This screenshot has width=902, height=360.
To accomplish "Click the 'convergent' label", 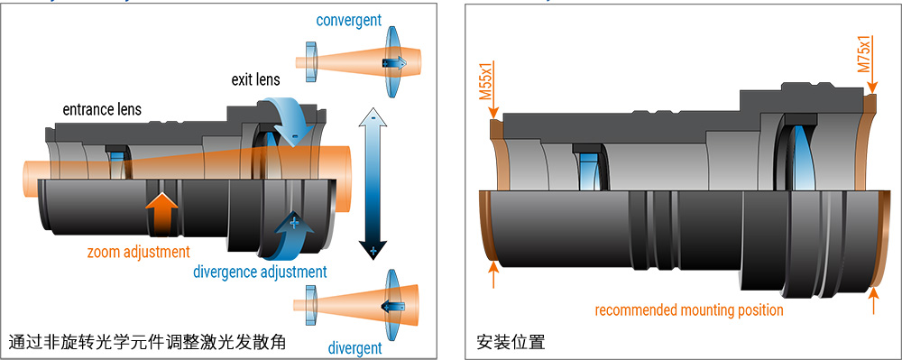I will (348, 19).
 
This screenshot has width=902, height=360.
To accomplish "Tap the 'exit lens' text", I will (254, 82).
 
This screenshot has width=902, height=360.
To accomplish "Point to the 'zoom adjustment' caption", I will (139, 252).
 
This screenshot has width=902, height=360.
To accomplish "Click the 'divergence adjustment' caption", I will (260, 271).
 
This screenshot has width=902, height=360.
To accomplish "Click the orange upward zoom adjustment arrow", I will (161, 214).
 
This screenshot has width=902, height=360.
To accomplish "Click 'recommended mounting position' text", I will (689, 309).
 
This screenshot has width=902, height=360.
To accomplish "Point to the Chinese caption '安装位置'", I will (511, 343).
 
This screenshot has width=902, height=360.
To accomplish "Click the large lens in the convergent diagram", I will (393, 61).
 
